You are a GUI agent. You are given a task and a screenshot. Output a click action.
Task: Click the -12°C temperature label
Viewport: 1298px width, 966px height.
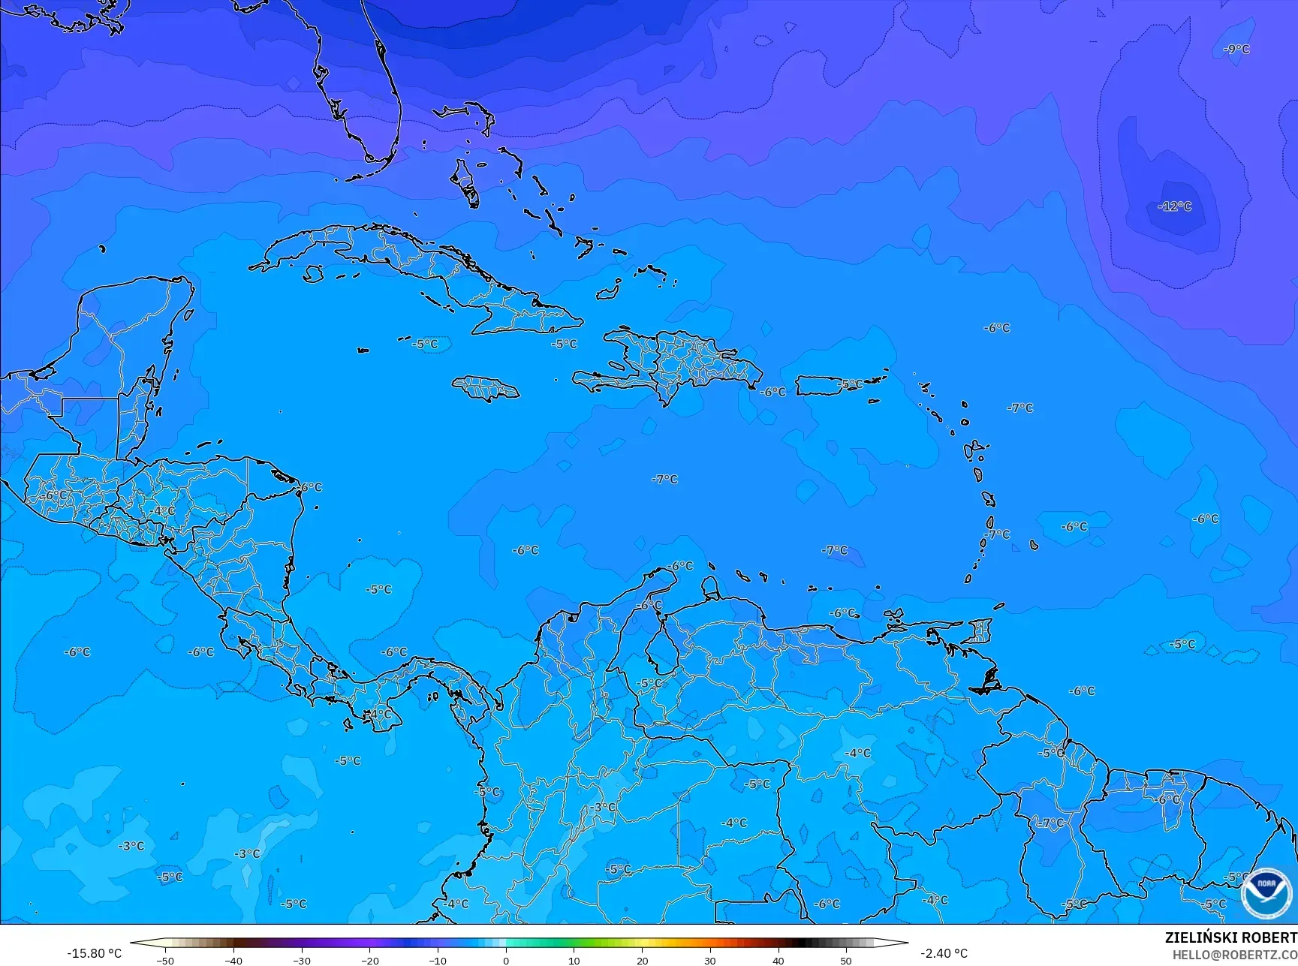[x=1175, y=206]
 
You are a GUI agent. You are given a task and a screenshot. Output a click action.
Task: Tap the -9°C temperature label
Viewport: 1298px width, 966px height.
[x=1236, y=50]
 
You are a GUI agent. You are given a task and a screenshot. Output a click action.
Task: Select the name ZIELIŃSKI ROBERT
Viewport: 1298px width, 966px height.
[x=1230, y=937]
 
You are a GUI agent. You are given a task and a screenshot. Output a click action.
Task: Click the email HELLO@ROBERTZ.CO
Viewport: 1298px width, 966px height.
[x=1235, y=954]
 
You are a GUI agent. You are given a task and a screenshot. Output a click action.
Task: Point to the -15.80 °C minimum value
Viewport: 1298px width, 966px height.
[x=94, y=953]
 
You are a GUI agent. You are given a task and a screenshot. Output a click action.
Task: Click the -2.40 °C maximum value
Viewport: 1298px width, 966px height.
[x=944, y=953]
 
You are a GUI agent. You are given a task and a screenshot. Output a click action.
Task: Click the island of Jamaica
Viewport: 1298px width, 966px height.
[x=485, y=388]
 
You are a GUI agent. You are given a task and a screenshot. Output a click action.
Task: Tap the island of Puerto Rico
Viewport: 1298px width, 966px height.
[x=827, y=386]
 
